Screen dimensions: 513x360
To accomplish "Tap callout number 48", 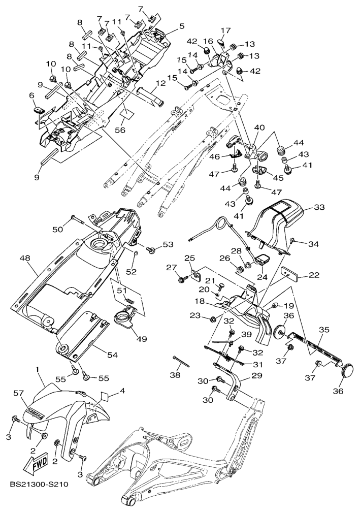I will coord(25,258).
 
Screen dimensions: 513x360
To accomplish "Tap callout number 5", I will coord(181,25).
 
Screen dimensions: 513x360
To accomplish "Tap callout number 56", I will coord(120,130).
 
